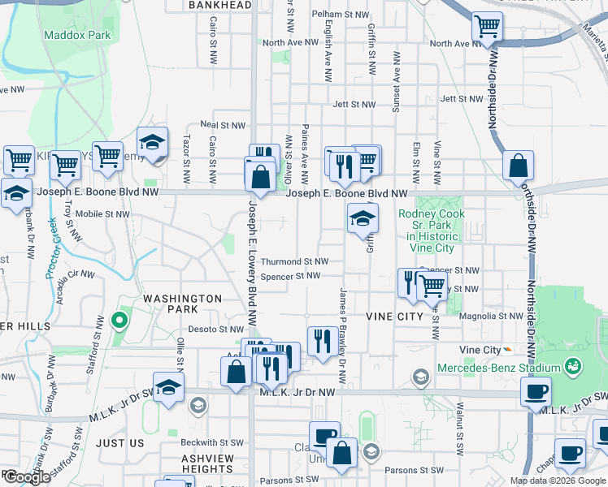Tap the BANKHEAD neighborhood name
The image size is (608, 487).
219,5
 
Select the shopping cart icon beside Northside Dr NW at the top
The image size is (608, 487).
487,27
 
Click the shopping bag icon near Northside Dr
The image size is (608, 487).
518,166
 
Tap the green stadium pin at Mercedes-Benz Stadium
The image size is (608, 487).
575,367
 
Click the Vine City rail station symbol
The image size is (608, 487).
507,350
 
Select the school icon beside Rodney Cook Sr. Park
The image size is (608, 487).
363,218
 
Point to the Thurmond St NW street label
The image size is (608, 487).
294,261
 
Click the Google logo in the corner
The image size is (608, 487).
27,478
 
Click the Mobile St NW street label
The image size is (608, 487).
102,214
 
